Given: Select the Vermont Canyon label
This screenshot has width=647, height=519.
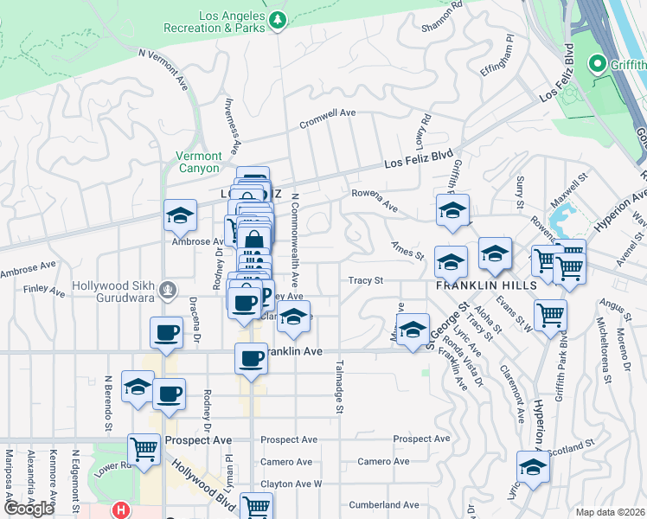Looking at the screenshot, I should [x=198, y=162].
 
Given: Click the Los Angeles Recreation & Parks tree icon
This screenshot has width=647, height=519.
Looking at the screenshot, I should [x=277, y=19].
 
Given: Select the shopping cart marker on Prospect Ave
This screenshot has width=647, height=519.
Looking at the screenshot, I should [x=144, y=449].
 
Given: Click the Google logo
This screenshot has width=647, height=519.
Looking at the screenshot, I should [x=29, y=509].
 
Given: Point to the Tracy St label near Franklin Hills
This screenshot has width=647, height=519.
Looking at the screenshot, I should [x=366, y=280].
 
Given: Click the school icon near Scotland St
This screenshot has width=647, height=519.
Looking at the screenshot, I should [x=533, y=467].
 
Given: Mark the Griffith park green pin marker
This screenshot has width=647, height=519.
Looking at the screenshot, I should [x=596, y=63].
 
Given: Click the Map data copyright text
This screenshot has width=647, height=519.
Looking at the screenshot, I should [x=611, y=512].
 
